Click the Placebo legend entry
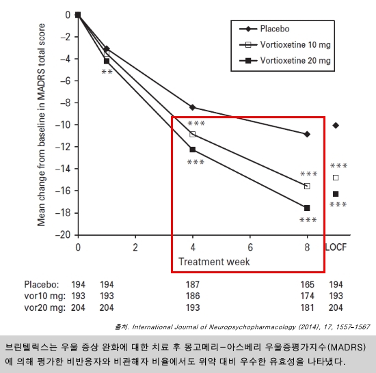pyautogui.click(x=265, y=29)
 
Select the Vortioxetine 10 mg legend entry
pyautogui.click(x=285, y=45)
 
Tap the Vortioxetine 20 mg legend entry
pyautogui.click(x=285, y=60)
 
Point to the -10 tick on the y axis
pyautogui.click(x=63, y=125)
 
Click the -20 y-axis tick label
pyautogui.click(x=63, y=235)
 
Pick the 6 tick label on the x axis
pyautogui.click(x=250, y=247)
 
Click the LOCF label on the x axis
pyautogui.click(x=336, y=247)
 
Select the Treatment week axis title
pyautogui.click(x=214, y=262)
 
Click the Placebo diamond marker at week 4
pyautogui.click(x=192, y=107)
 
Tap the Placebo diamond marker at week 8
pyautogui.click(x=307, y=135)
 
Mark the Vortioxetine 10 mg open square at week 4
pyautogui.click(x=192, y=134)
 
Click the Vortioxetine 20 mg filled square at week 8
pyautogui.click(x=307, y=208)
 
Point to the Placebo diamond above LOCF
pyautogui.click(x=336, y=125)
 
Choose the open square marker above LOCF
pyautogui.click(x=336, y=178)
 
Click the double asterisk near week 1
pyautogui.click(x=107, y=72)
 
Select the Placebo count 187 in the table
pyautogui.click(x=193, y=285)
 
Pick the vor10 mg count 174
pyautogui.click(x=307, y=296)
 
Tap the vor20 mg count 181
pyautogui.click(x=307, y=307)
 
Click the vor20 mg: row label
pyautogui.click(x=45, y=308)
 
